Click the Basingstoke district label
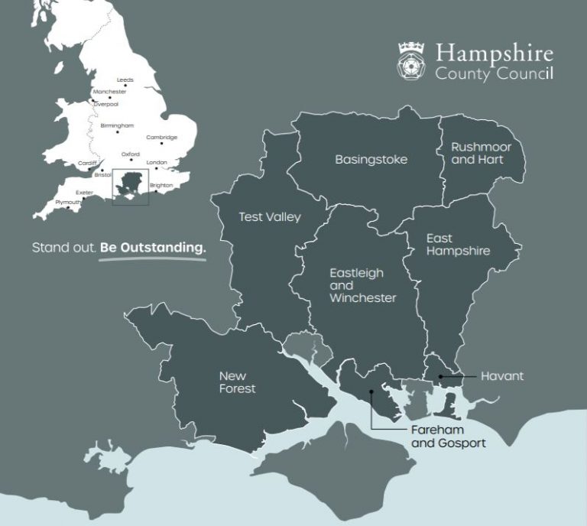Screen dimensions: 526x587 pyautogui.click(x=371, y=160)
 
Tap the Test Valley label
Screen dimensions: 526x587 pyautogui.click(x=270, y=216)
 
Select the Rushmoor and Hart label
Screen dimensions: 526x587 pyautogui.click(x=481, y=153)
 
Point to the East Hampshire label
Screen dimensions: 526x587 pyautogui.click(x=458, y=245)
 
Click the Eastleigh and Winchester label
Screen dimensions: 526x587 pyautogui.click(x=362, y=285)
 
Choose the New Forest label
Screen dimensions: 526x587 pyautogui.click(x=237, y=382)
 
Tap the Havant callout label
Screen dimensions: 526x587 pyautogui.click(x=502, y=376)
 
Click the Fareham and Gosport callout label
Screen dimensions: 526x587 pyautogui.click(x=448, y=437)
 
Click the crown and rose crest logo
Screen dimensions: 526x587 pyautogui.click(x=411, y=60)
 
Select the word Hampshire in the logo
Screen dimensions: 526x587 pyautogui.click(x=494, y=54)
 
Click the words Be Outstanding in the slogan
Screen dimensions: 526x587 pyautogui.click(x=153, y=248)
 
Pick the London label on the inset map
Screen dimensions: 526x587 pyautogui.click(x=156, y=162)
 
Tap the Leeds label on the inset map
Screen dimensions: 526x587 pyautogui.click(x=125, y=80)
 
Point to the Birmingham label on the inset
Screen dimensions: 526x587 pyautogui.click(x=117, y=125)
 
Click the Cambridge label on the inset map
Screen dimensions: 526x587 pyautogui.click(x=161, y=138)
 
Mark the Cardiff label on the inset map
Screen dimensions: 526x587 pyautogui.click(x=86, y=163)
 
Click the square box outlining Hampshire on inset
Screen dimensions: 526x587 pyautogui.click(x=130, y=187)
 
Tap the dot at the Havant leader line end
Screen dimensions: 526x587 pyautogui.click(x=439, y=376)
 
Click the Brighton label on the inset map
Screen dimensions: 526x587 pyautogui.click(x=161, y=185)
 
